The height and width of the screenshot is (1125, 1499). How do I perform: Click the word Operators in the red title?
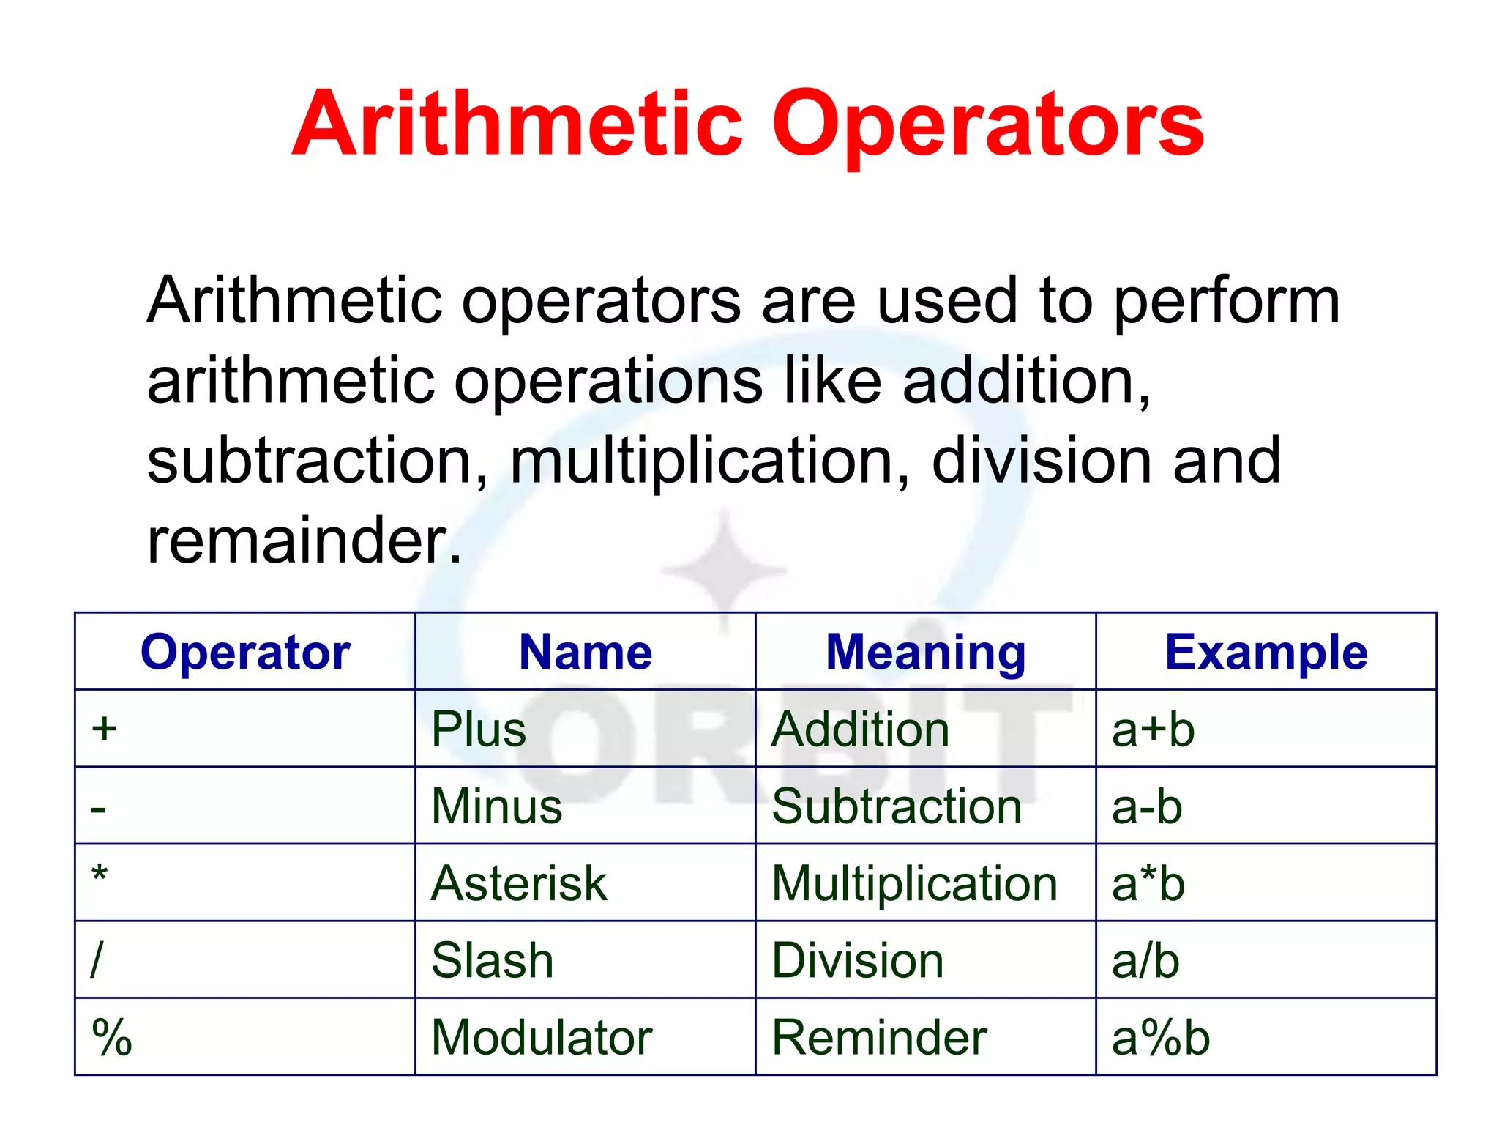coord(987,125)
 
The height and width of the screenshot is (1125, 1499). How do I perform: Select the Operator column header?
coord(245,652)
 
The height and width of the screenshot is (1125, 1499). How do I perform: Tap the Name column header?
coord(585,652)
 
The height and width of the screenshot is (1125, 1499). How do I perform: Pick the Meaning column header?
coord(925,652)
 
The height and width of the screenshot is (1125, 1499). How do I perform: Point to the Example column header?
coord(1266,652)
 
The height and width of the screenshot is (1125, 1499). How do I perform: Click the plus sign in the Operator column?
coord(105,729)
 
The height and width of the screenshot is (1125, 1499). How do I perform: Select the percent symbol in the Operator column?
coord(112,1037)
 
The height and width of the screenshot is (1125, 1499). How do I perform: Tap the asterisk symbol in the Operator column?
coord(100,875)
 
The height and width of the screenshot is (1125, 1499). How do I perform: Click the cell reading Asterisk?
coord(519,883)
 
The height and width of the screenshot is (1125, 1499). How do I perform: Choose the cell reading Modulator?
coord(542,1037)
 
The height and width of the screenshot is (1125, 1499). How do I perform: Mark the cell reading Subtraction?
coord(897,806)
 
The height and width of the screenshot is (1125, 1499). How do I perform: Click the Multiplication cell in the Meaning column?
coord(915,883)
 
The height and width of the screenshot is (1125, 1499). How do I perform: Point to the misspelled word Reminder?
coord(879,1037)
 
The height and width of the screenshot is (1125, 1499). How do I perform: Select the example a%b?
coord(1160,1037)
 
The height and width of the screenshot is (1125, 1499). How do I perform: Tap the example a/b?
coord(1145,960)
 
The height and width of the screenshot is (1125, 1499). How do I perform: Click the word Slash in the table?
coord(492,960)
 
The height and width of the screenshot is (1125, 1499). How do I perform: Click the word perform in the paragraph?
coord(1227,302)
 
